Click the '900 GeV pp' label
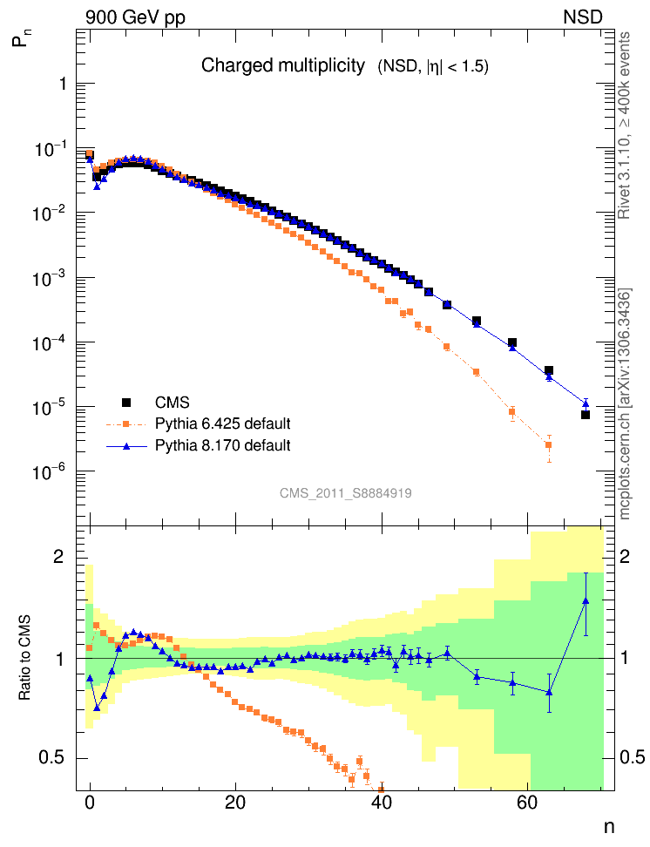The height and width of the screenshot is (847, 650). pyautogui.click(x=135, y=17)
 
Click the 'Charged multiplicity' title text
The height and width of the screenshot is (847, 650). pyautogui.click(x=283, y=65)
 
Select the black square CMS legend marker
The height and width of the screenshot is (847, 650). pyautogui.click(x=126, y=403)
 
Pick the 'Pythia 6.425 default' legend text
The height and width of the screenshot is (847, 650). pyautogui.click(x=222, y=424)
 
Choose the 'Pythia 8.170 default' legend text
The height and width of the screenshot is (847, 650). pyautogui.click(x=222, y=445)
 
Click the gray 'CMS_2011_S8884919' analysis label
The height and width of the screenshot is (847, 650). pyautogui.click(x=346, y=492)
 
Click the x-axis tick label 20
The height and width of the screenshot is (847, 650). pyautogui.click(x=234, y=805)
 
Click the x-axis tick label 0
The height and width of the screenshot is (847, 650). pyautogui.click(x=89, y=805)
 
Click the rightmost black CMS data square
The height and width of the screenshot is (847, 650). pyautogui.click(x=586, y=415)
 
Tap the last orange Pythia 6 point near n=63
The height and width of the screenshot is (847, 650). pyautogui.click(x=549, y=445)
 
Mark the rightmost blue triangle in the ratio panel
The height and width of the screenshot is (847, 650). pyautogui.click(x=586, y=600)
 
